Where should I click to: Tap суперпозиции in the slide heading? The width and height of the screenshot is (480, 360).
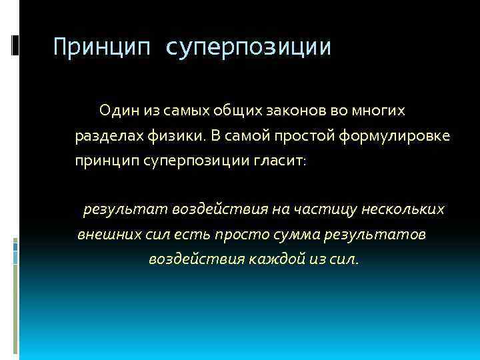coord(248,48)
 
